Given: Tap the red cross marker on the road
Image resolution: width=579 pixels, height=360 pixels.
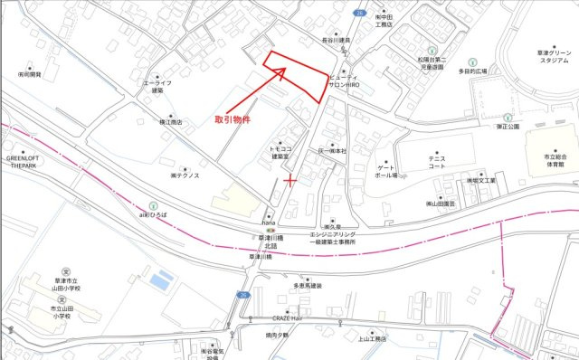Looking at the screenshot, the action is pyautogui.click(x=289, y=181).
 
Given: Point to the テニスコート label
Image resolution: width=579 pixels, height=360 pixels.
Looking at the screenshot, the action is pyautogui.click(x=438, y=161).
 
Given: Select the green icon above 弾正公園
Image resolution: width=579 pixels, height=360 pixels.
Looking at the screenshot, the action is pyautogui.click(x=508, y=117).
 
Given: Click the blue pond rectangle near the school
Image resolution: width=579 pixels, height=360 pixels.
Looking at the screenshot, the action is pyautogui.click(x=160, y=280).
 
